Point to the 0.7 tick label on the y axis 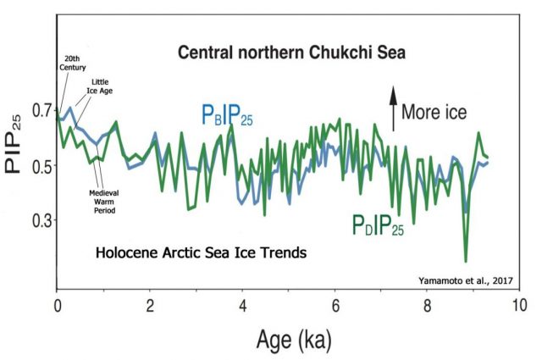pos(39,110)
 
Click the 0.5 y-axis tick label pos(39,165)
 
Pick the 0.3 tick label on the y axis pos(39,220)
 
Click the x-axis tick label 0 pos(56,304)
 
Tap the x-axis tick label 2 pos(149,304)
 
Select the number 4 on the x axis pos(243,304)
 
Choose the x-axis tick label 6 pos(336,304)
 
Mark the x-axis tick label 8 pos(429,304)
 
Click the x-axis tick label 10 pos(519,304)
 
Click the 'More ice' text pos(434,111)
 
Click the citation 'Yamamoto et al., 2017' pos(467,280)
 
